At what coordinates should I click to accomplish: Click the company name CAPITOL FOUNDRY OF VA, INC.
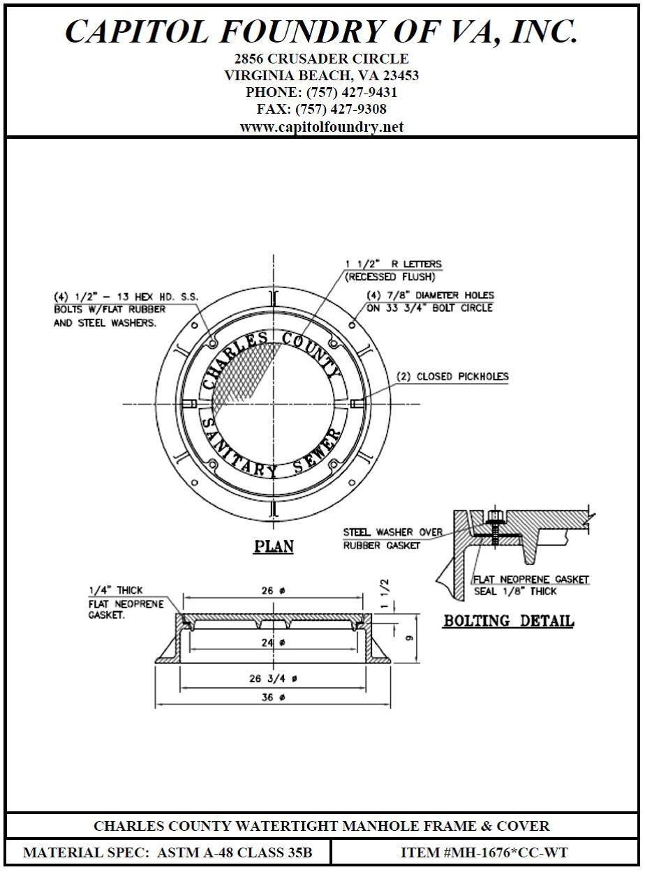coord(322,31)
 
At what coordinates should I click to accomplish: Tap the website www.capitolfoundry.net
coord(322,127)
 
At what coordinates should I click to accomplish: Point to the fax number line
coord(322,110)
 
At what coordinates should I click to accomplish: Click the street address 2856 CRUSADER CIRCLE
coord(322,59)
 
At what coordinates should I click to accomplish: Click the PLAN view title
coord(273,546)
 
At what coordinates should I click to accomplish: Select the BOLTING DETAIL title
coord(508,620)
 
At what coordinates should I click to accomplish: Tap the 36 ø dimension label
coord(273,697)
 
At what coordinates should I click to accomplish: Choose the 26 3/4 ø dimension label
coord(273,678)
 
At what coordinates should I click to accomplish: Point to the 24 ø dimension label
coord(273,642)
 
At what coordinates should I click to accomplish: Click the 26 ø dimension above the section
coord(273,591)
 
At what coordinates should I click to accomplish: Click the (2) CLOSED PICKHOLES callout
coord(452,377)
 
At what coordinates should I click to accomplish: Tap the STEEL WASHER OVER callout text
coord(392,532)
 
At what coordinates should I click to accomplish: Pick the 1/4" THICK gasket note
coord(115,590)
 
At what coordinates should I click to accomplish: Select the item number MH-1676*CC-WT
coord(484,852)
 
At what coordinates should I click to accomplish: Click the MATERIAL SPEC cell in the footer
coord(168,852)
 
